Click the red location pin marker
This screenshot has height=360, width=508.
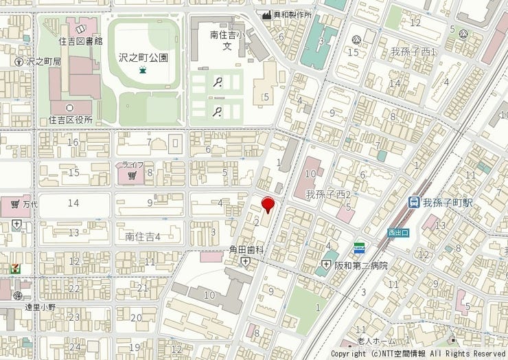pyautogui.click(x=268, y=204)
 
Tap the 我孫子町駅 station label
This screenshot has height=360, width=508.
pyautogui.click(x=448, y=203)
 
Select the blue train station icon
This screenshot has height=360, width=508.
pyautogui.click(x=414, y=203)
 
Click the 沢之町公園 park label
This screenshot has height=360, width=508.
pyautogui.click(x=143, y=58)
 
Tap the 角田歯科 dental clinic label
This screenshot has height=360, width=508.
pyautogui.click(x=246, y=250)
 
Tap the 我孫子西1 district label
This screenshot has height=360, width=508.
pyautogui.click(x=414, y=52)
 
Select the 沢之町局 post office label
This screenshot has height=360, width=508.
pyautogui.click(x=44, y=61)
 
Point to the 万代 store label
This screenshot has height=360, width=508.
pyautogui.click(x=30, y=204)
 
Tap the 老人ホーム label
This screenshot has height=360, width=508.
pyautogui.click(x=376, y=341)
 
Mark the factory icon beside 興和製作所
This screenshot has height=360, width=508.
pyautogui.click(x=266, y=14)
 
